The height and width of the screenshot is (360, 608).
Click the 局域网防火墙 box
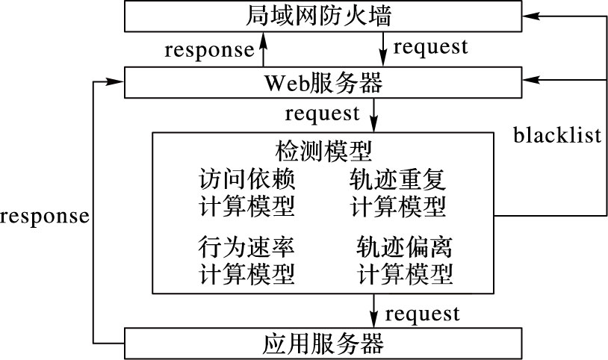pyautogui.click(x=323, y=16)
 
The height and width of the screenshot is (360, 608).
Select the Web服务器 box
pyautogui.click(x=323, y=82)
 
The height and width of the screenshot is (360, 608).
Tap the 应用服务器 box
pyautogui.click(x=323, y=344)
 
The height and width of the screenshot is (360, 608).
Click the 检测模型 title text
pyautogui.click(x=323, y=151)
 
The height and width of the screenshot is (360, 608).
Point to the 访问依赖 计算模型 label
pyautogui.click(x=247, y=193)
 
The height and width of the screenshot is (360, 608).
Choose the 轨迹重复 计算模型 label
pyautogui.click(x=398, y=193)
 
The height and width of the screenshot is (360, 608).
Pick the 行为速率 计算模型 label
pyautogui.click(x=247, y=259)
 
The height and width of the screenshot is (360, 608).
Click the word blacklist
pyautogui.click(x=557, y=135)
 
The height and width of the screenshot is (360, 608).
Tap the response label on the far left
pyautogui.click(x=45, y=217)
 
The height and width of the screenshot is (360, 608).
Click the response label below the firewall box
pyautogui.click(x=209, y=50)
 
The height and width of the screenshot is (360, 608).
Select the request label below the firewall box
pyautogui.click(x=430, y=47)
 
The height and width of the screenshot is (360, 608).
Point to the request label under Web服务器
pyautogui.click(x=323, y=114)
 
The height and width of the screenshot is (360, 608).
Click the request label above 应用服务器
pyautogui.click(x=423, y=312)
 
